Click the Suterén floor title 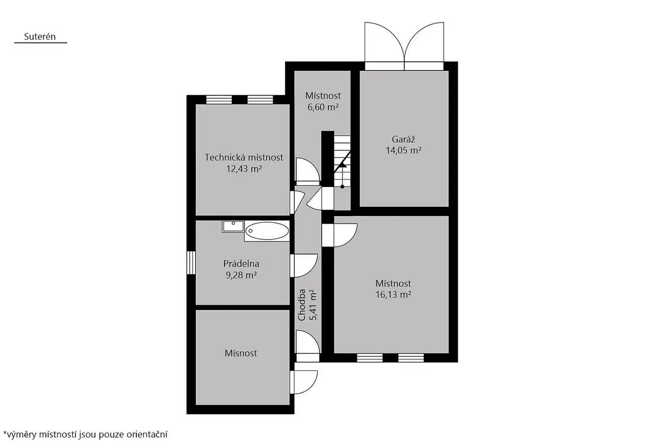pos(40,36)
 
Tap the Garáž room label pos(403,139)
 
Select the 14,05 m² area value pos(403,150)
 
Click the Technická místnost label pos(244,158)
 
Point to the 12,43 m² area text pos(244,169)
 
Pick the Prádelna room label pos(241,263)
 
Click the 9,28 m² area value pos(241,275)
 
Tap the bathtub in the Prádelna pos(267,231)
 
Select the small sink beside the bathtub pos(233,226)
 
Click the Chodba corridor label pos(302,305)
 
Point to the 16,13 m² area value pos(393,294)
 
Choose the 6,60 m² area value pos(323,107)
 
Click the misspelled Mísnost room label pos(241,353)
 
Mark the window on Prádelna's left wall pos(191,262)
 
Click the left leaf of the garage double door pos(385,41)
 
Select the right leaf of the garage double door pos(424,41)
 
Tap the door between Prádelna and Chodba pos(304,266)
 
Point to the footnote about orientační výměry pos(85,434)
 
